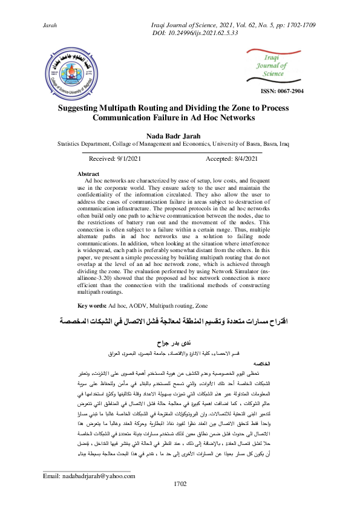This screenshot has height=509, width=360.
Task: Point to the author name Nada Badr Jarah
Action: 180,136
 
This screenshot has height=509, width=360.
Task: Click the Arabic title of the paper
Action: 180,322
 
